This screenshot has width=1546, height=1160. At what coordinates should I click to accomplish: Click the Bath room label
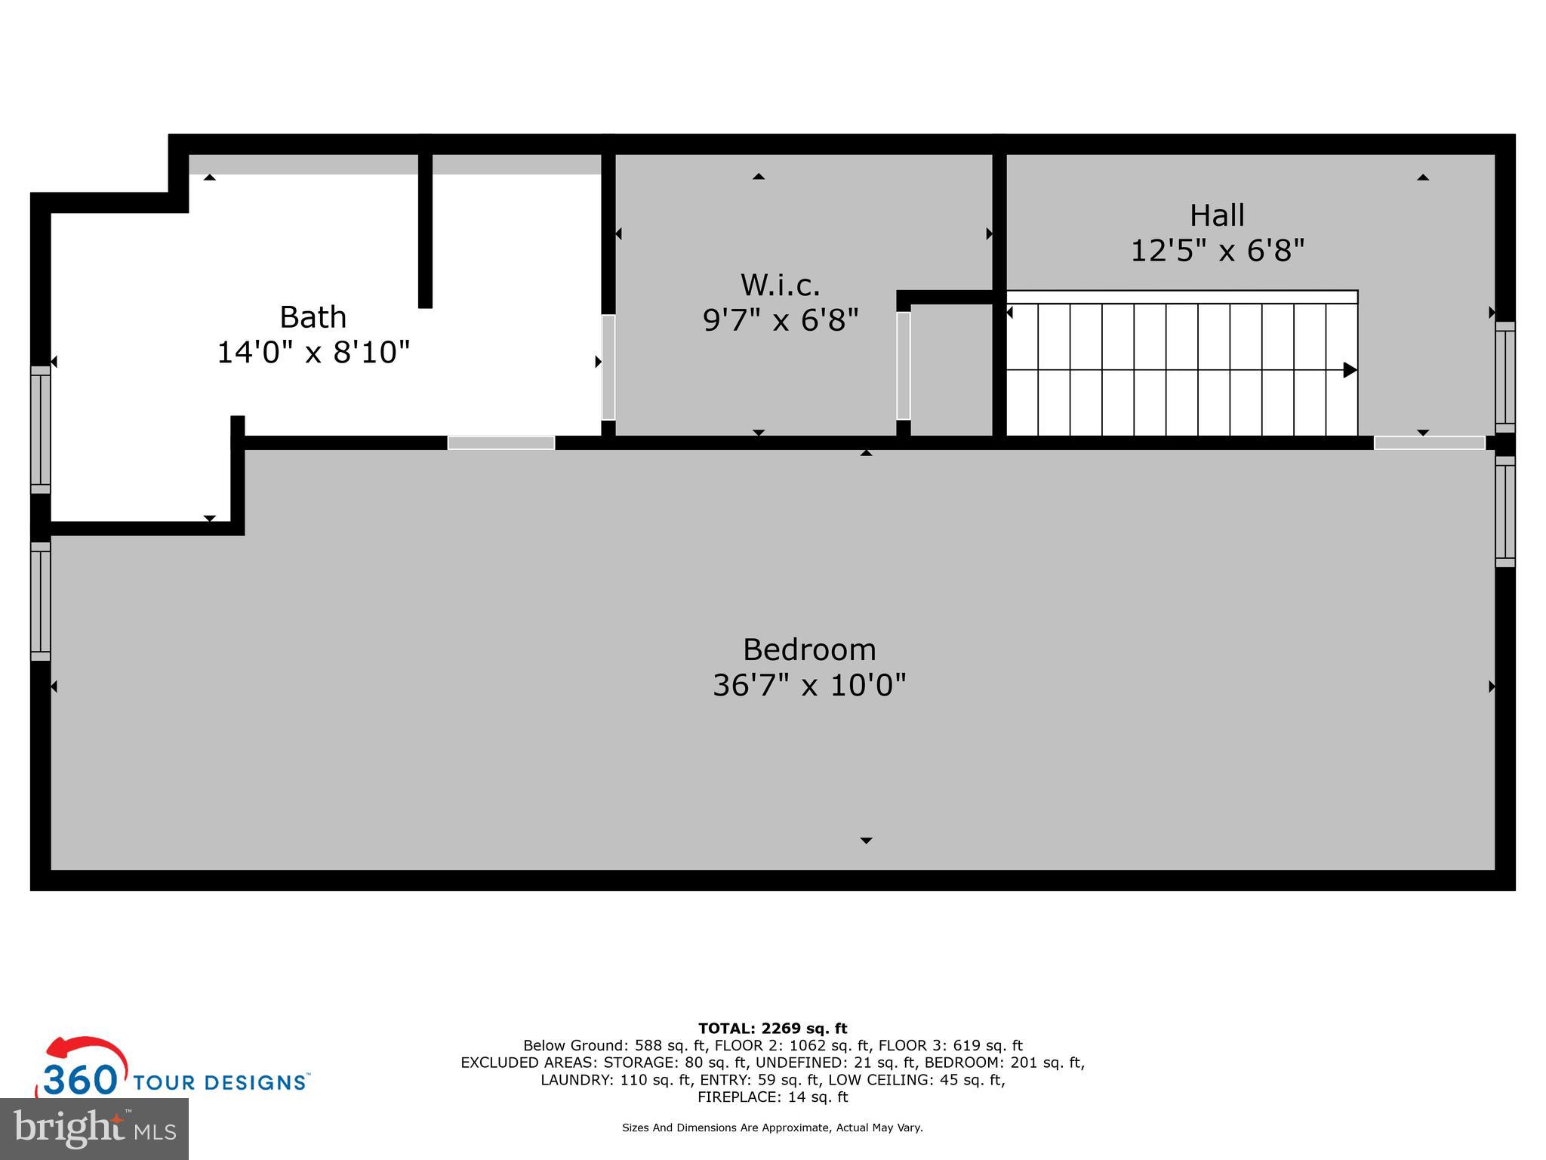coord(313,317)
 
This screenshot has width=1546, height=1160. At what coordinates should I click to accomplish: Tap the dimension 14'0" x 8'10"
coord(313,353)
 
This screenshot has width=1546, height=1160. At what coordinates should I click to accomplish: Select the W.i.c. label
coord(780,285)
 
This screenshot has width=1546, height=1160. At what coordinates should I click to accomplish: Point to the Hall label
coord(1217,216)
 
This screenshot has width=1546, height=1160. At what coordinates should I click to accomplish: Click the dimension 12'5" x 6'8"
coord(1217,251)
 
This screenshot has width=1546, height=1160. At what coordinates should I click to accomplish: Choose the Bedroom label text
coord(809,650)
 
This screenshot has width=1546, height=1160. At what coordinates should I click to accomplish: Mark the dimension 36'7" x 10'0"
coord(809,686)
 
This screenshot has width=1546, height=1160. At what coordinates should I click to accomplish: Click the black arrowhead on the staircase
coord(1350,370)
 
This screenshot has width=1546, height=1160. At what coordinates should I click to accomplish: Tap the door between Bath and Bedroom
coord(501,443)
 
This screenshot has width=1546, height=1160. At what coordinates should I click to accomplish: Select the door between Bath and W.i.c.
coord(608,367)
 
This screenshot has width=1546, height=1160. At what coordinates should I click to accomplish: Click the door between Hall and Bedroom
coord(1429,443)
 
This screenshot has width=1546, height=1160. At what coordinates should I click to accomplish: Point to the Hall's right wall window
coord(1504,377)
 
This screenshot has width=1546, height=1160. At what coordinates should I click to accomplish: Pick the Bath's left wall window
coord(40,429)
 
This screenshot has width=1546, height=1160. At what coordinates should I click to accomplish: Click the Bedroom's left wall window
coord(40,601)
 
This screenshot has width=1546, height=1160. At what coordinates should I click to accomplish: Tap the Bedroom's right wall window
coord(1504,511)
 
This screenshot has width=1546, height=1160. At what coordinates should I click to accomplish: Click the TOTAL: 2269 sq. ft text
coord(772,1029)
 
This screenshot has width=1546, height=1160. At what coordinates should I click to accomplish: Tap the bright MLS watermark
coord(94,1129)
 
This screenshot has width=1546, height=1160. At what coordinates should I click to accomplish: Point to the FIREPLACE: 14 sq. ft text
coord(772,1097)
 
